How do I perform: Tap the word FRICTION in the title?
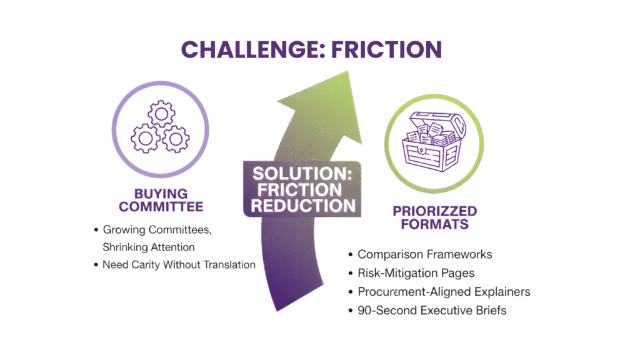389,49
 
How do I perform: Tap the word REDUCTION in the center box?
301,206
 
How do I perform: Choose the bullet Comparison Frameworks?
424,254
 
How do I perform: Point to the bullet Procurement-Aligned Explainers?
444,291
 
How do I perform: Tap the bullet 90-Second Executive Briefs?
432,309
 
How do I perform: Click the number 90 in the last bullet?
364,309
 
